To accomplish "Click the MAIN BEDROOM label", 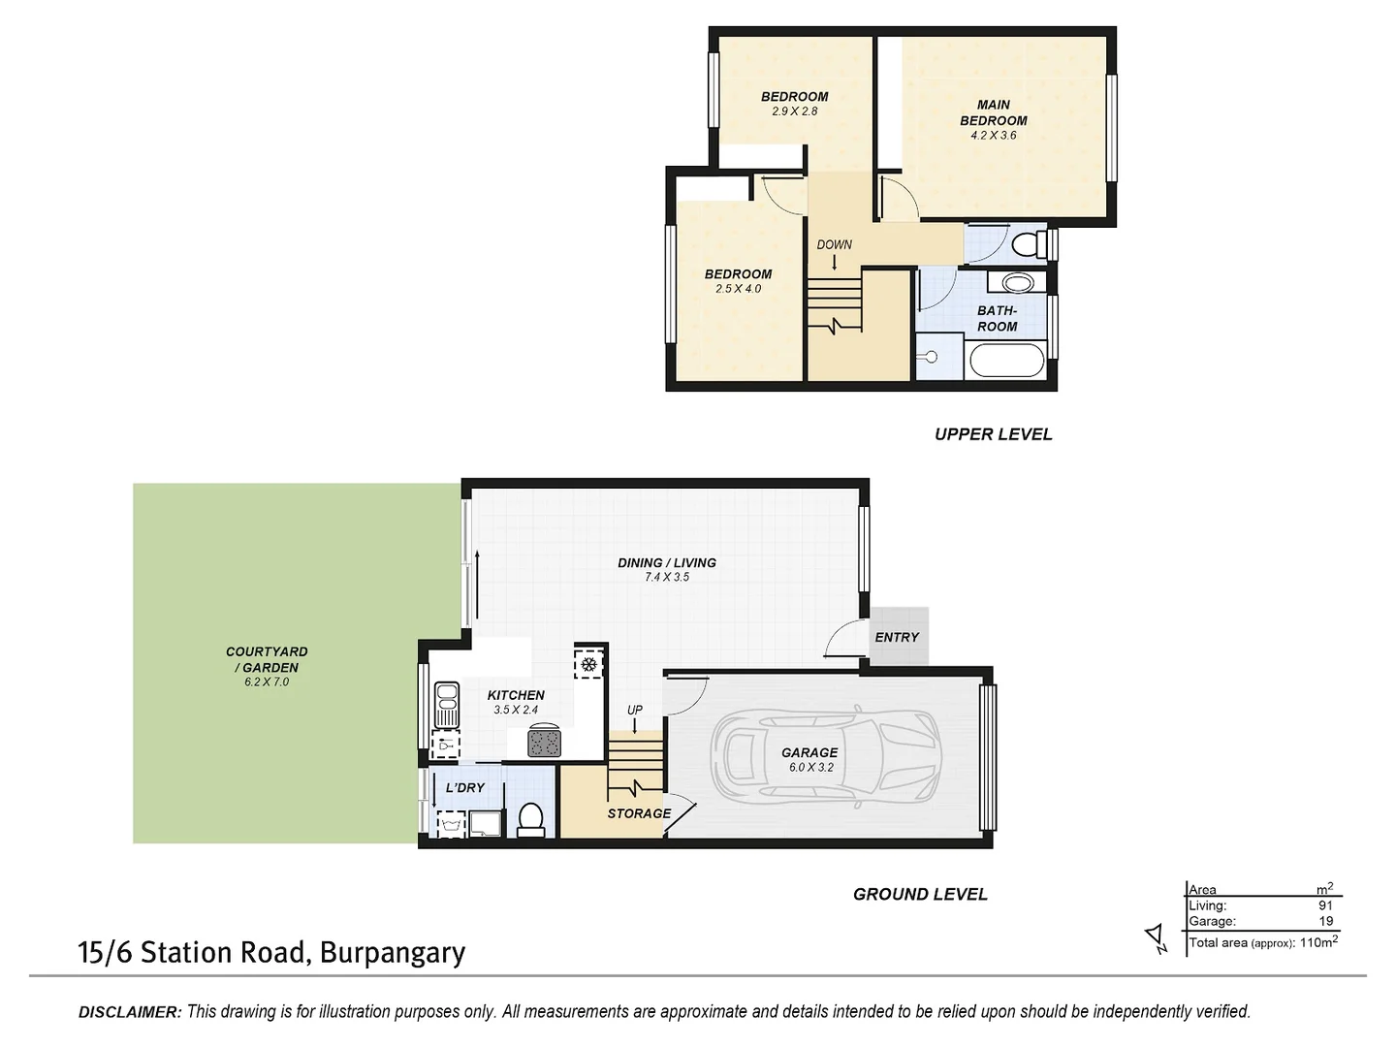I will click(993, 112).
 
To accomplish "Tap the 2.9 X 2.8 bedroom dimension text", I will click(794, 111).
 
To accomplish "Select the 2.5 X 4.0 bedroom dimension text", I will click(738, 289).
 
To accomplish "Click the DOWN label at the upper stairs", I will click(834, 244).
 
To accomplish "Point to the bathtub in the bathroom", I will click(1006, 364).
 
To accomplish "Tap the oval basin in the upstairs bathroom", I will click(1017, 283).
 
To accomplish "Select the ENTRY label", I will click(896, 637).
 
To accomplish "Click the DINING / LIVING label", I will click(667, 562).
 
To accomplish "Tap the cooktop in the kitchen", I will click(544, 743).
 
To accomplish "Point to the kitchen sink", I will click(446, 705).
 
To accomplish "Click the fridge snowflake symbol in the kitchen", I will click(587, 664).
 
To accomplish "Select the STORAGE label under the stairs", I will click(639, 813).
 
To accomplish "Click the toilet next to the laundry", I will click(530, 819).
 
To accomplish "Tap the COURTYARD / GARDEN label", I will click(267, 660).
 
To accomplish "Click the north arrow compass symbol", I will click(1156, 936).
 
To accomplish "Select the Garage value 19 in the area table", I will click(1325, 921).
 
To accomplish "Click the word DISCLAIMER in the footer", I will click(129, 1012).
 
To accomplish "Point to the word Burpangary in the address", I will click(393, 953).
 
